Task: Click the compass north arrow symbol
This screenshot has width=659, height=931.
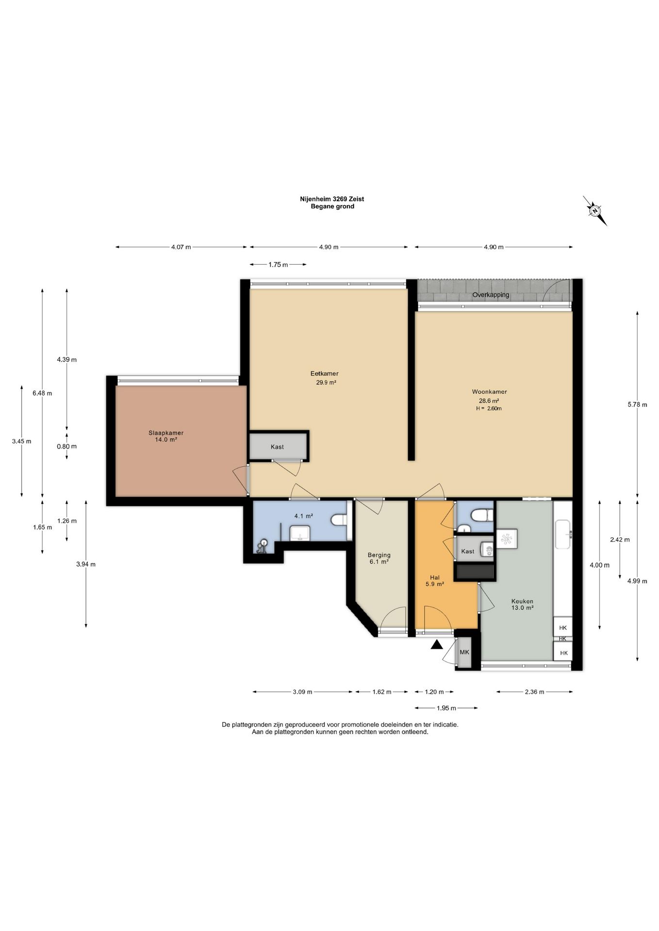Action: (595, 211)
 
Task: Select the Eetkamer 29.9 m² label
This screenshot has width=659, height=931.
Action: (325, 378)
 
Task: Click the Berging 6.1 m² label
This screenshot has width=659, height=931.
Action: (379, 558)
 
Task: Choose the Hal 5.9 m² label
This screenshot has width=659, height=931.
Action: (435, 581)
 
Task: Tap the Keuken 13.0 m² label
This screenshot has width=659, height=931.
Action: (522, 604)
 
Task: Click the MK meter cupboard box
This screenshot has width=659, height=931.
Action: (465, 652)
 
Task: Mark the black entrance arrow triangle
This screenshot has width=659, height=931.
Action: (437, 644)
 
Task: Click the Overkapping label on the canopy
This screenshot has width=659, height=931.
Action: (491, 295)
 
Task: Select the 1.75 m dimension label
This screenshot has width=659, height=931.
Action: (278, 265)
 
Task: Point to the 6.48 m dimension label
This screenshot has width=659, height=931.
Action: (42, 393)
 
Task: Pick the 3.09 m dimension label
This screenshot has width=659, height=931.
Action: (302, 692)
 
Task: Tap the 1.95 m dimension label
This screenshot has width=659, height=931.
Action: (446, 708)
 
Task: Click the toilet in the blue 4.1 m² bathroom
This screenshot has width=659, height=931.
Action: (339, 520)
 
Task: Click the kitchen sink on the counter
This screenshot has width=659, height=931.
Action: (564, 534)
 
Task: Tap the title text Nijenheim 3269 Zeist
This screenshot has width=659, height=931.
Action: (332, 199)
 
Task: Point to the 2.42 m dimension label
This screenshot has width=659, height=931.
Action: (620, 540)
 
